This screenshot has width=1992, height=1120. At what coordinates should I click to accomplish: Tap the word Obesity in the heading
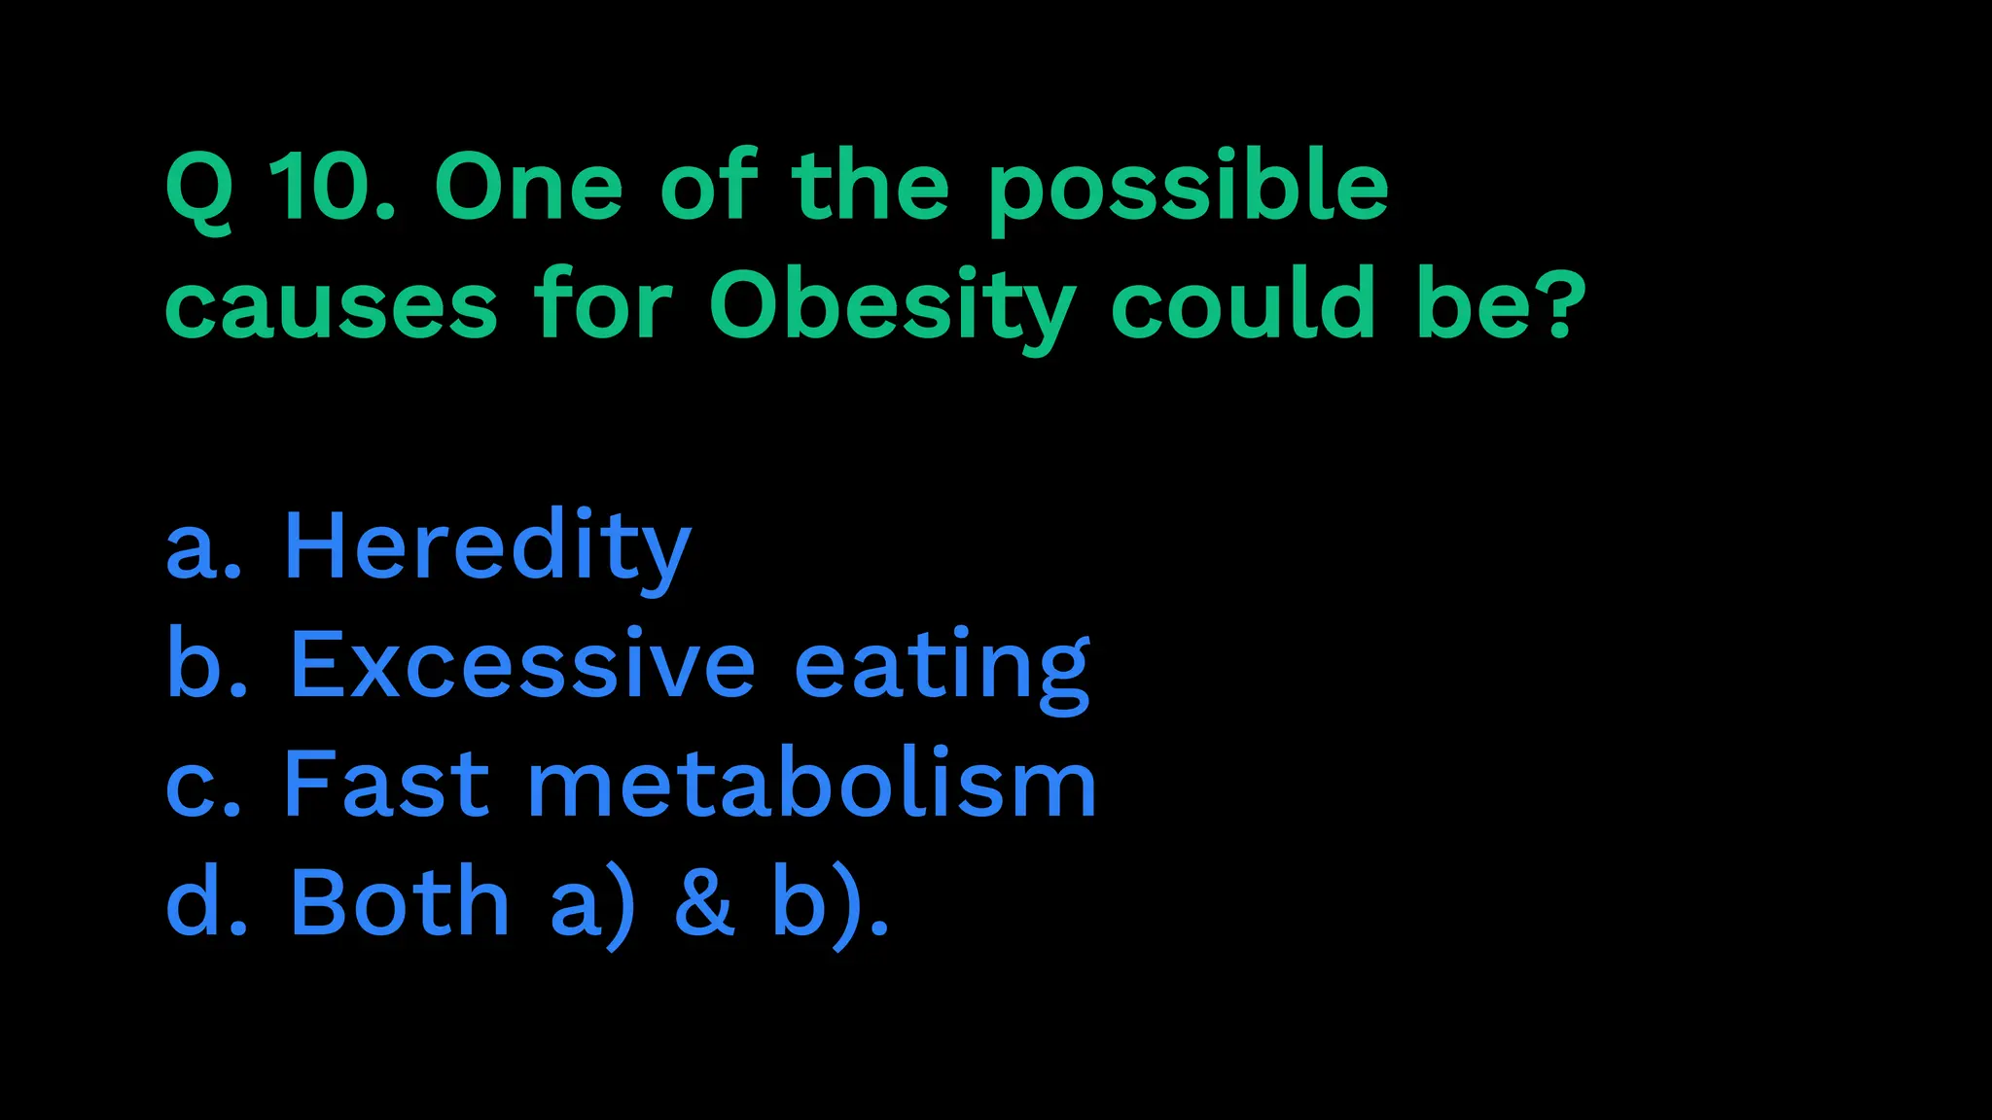pos(891,306)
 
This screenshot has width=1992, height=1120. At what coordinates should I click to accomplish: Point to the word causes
pos(332,307)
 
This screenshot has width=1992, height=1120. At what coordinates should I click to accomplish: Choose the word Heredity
pos(486,547)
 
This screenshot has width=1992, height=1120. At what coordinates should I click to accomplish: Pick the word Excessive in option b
pos(522,665)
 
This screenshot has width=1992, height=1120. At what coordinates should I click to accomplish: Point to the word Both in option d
pos(400,901)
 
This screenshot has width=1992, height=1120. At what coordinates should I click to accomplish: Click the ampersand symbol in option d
pos(704,901)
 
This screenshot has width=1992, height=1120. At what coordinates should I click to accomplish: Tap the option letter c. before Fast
pos(202,787)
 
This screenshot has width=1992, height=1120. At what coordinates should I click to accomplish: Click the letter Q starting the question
pos(199,188)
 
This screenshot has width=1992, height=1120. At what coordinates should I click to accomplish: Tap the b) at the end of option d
pos(817,903)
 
